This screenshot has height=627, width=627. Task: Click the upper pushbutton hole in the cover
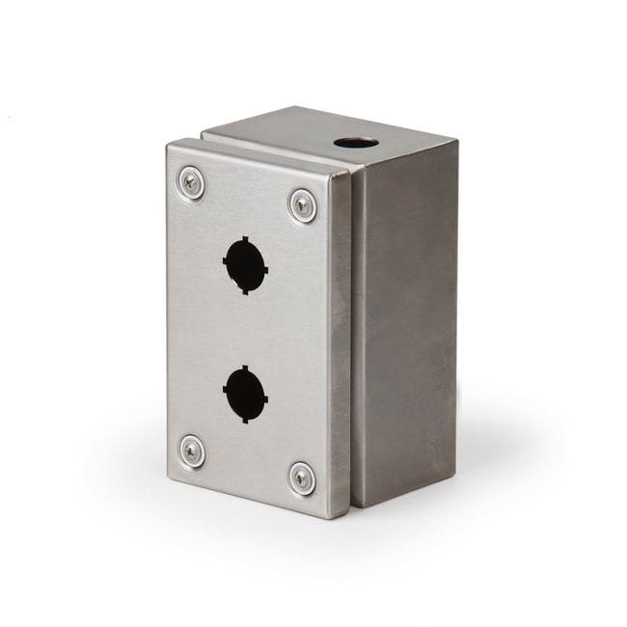tap(245, 263)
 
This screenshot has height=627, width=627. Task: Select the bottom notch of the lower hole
tap(243, 418)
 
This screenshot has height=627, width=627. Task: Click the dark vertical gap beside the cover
tap(353, 338)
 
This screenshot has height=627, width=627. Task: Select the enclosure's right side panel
tap(405, 328)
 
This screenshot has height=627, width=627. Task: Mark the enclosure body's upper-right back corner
tap(456, 143)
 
